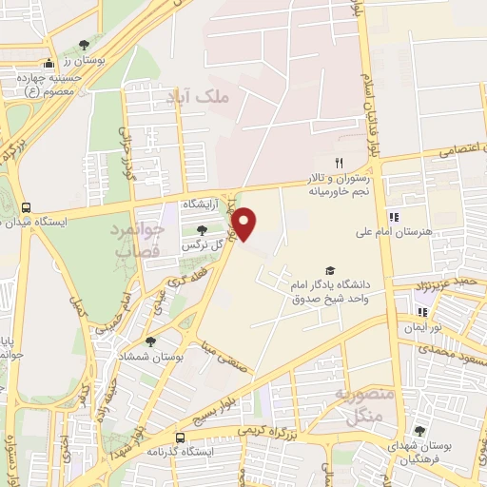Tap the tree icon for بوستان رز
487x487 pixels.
coord(86,46)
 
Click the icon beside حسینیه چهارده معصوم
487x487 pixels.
coord(35,64)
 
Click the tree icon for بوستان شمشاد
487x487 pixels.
coord(150,341)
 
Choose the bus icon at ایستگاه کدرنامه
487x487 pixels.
coord(182,438)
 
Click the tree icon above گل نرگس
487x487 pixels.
coord(201,229)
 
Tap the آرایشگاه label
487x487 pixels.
coord(201,205)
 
